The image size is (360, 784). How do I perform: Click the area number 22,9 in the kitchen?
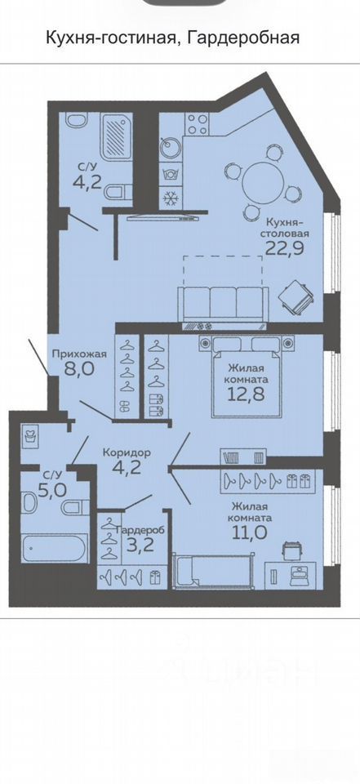(x=286, y=248)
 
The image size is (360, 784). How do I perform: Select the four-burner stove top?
(x=197, y=124)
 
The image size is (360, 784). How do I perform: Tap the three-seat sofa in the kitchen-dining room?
(x=221, y=305)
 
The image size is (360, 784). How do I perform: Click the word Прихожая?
(x=80, y=354)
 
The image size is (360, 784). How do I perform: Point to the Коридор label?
(x=127, y=452)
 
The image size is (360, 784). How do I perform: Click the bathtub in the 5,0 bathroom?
(x=54, y=549)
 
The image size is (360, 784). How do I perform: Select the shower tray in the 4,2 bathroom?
(x=117, y=135)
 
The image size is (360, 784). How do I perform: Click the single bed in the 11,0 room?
(x=211, y=571)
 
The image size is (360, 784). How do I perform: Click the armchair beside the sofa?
(x=296, y=298)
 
